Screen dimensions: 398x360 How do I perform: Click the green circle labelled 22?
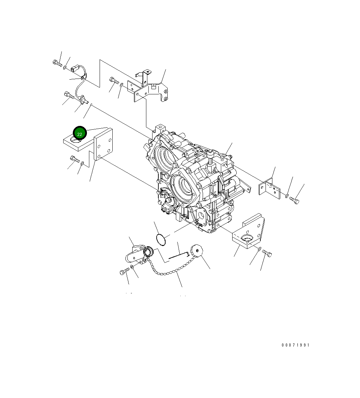click(x=80, y=133)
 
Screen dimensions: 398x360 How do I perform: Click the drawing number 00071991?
click(x=295, y=345)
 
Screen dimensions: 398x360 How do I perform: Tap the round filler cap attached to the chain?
click(x=196, y=250)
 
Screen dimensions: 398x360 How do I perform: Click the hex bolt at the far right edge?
click(x=294, y=200)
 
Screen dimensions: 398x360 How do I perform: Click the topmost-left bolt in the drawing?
click(x=57, y=63)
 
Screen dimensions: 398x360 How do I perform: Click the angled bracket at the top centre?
click(x=148, y=87)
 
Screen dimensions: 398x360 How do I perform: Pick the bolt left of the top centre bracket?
click(x=114, y=81)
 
